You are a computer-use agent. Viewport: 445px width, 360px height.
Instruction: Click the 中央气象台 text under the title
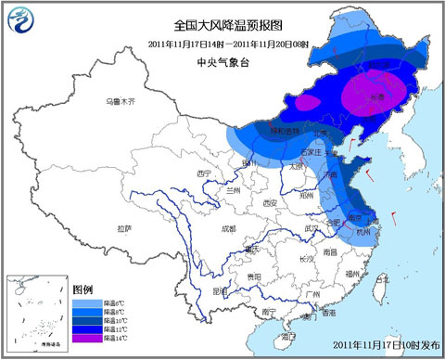[x=223, y=62]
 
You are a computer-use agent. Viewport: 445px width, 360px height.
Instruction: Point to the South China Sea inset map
[x=34, y=312]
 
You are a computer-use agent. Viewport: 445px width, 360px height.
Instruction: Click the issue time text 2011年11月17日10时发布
[x=383, y=346]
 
